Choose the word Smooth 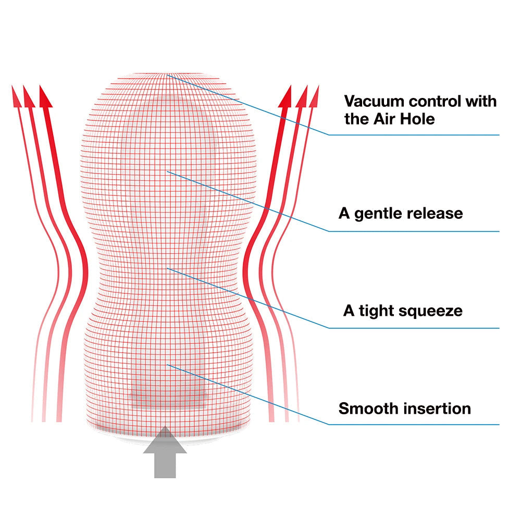click(365, 408)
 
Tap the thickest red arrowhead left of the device click(45, 96)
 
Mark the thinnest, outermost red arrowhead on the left click(16, 96)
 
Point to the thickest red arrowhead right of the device click(285, 96)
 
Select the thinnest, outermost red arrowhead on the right click(314, 96)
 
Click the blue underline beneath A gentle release click(414, 231)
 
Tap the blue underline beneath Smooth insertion click(414, 424)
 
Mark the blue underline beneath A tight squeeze click(414, 328)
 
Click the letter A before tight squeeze click(349, 311)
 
